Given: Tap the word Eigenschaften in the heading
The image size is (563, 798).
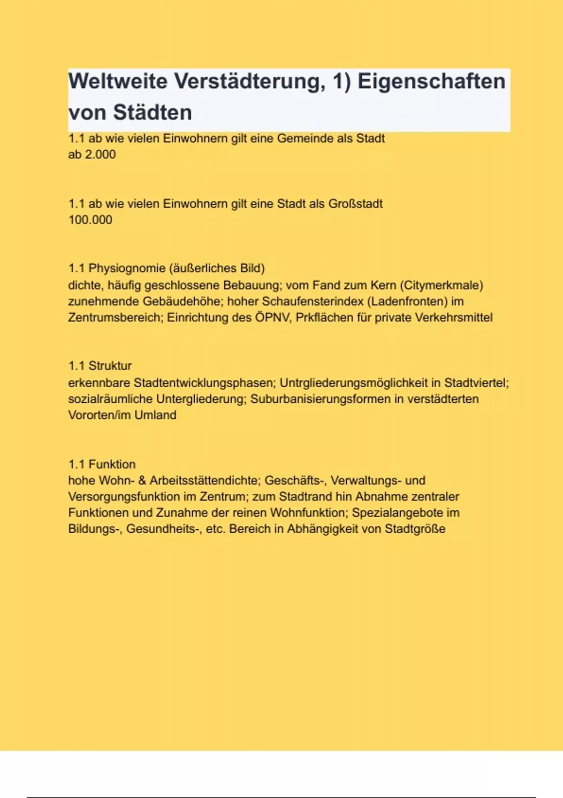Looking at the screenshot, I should coord(431,81).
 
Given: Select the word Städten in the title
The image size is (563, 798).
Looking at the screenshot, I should coord(152,113).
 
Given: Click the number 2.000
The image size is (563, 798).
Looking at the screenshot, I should coord(100,154).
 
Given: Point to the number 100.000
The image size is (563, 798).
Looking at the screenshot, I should coord(91,220).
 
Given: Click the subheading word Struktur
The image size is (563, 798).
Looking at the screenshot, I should coord(110,366).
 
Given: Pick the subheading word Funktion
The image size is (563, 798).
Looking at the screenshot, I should coord(112,464).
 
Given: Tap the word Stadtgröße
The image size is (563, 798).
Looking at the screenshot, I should coord(415,529).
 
